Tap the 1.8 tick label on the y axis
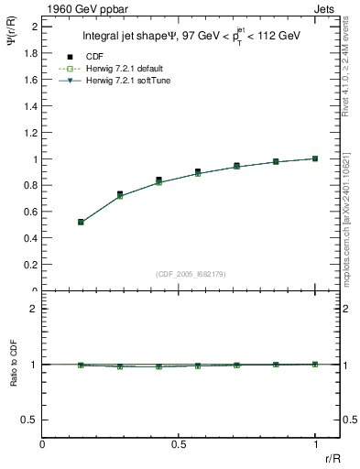(x=29, y=53)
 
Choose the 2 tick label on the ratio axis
(x=33, y=309)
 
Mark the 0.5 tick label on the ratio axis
(x=29, y=420)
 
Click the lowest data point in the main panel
(x=81, y=222)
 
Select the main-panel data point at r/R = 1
(x=315, y=158)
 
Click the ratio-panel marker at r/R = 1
(x=315, y=365)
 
